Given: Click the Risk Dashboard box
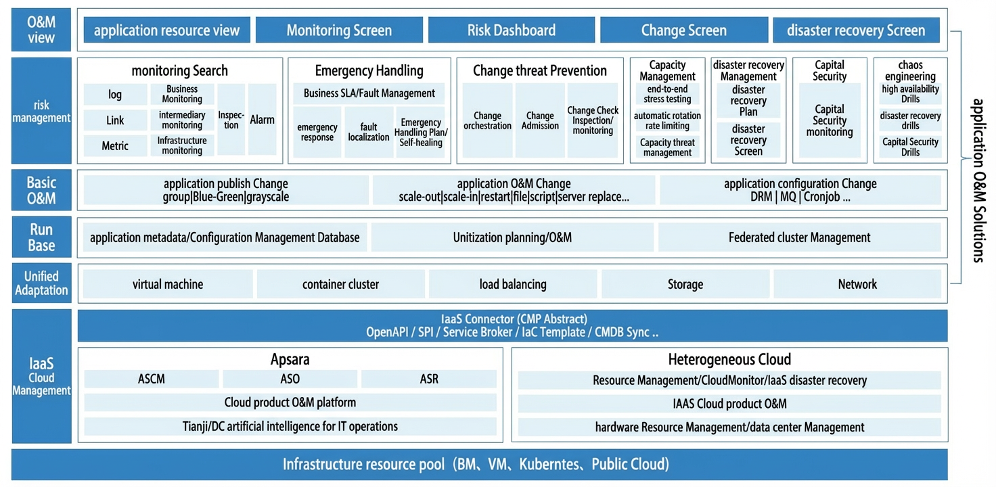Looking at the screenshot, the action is (512, 30).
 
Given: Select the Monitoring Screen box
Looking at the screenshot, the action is (339, 30).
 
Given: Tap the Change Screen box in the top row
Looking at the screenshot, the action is (684, 30).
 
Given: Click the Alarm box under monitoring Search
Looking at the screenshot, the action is (262, 119).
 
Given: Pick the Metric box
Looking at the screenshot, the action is (115, 145).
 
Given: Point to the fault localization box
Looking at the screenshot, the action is (369, 132).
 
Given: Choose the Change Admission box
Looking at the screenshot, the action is (540, 120).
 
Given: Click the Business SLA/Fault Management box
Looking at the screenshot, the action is (369, 93).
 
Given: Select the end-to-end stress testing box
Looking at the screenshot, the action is (667, 94).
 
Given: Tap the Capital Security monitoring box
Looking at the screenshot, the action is (830, 120).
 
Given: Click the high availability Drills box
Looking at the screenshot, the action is (910, 94).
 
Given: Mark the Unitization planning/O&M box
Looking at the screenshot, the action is (512, 237).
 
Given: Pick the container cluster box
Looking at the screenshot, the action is (340, 284).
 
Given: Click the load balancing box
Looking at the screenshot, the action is (513, 284).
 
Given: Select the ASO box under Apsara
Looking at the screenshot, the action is (290, 379).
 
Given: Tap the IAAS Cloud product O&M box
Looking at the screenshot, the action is (729, 403).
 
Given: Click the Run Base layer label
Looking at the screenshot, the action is (41, 237).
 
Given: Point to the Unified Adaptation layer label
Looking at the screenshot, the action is (41, 283).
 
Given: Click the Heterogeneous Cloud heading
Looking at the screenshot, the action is (729, 359).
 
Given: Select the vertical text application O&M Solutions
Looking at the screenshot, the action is (978, 181).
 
